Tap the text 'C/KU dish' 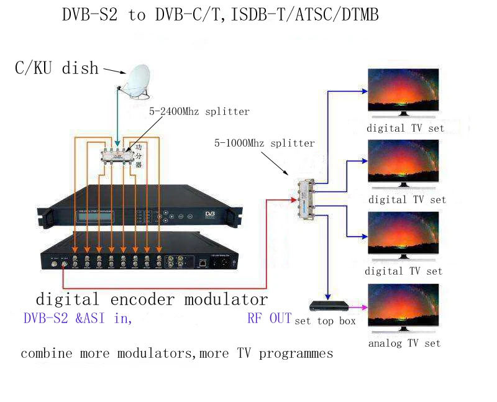pos(57,68)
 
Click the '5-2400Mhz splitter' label pos(199,112)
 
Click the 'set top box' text pos(325,321)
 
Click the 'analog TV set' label pos(404,343)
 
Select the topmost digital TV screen pos(403,90)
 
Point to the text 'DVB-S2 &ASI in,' pos(78,319)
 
